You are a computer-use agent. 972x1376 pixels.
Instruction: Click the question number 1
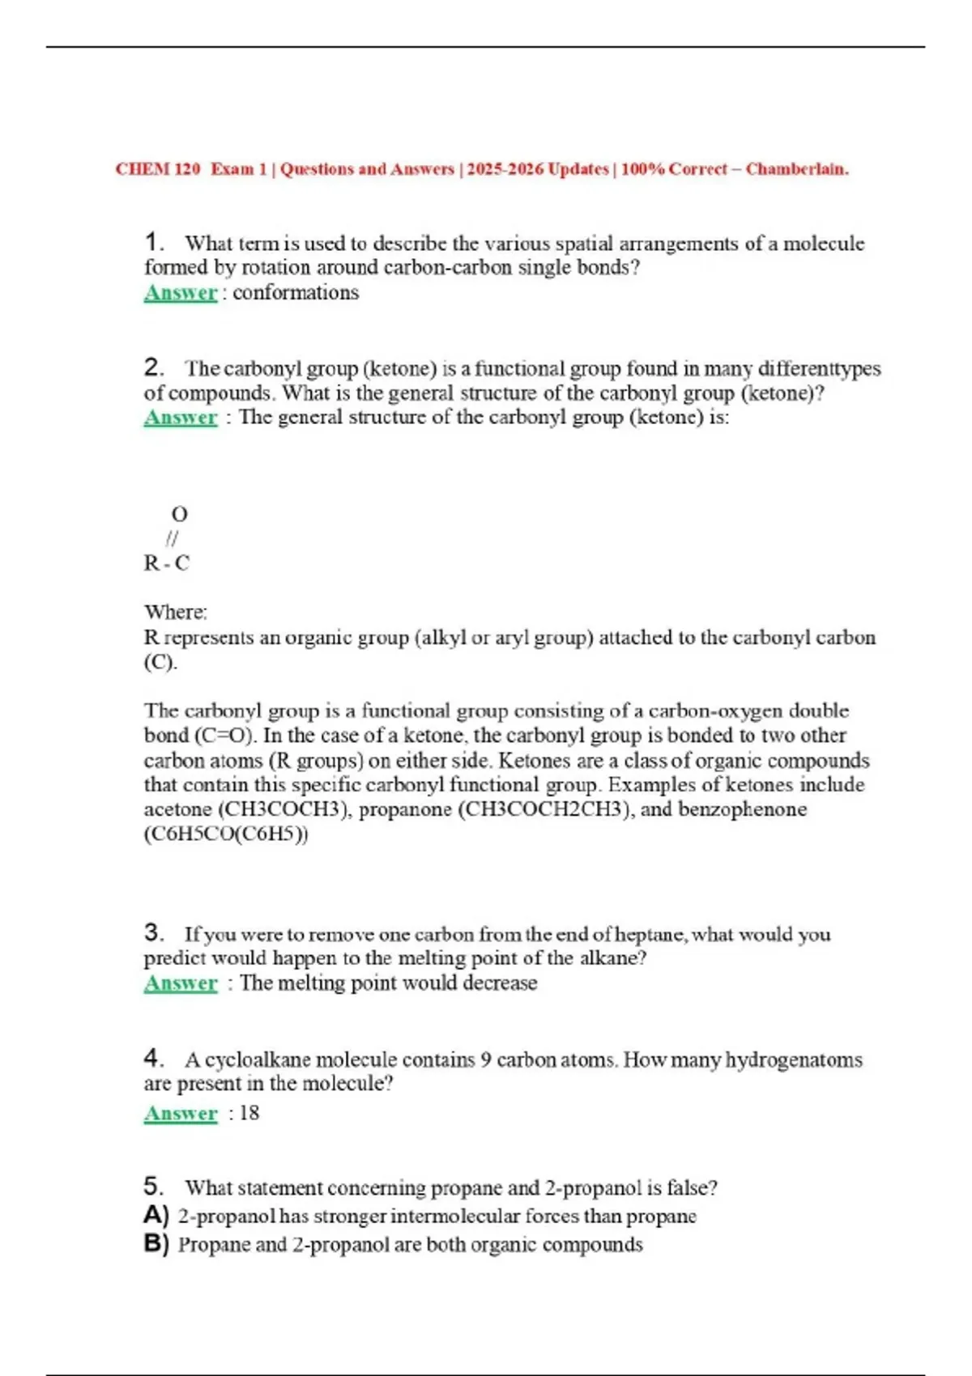(154, 242)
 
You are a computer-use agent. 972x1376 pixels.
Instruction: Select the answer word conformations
(296, 292)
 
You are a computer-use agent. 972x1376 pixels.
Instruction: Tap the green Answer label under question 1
(181, 292)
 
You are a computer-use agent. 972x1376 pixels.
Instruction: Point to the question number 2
(154, 367)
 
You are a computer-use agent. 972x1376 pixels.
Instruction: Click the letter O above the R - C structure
(179, 514)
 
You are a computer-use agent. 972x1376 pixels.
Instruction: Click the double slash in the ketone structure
(172, 538)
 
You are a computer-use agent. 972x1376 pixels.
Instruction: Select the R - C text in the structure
(166, 563)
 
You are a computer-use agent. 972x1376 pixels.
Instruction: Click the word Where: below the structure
(176, 612)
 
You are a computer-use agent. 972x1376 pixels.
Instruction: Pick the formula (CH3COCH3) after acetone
(284, 809)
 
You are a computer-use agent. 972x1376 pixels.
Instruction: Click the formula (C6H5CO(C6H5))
(226, 834)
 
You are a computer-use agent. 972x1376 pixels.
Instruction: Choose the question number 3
(154, 932)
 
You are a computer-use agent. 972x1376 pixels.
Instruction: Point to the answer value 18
(249, 1113)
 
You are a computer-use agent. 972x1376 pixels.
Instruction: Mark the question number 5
(154, 1187)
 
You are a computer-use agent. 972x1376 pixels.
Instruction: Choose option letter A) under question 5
(156, 1215)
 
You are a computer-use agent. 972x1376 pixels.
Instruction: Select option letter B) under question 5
(156, 1243)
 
